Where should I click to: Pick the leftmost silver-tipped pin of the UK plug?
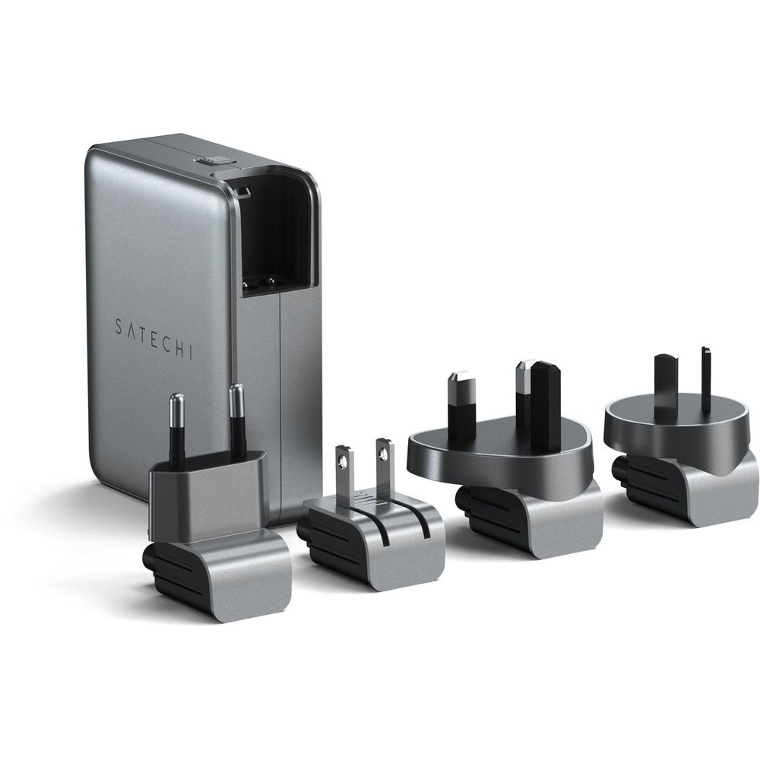click(462, 407)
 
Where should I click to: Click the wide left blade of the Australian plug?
click(666, 384)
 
